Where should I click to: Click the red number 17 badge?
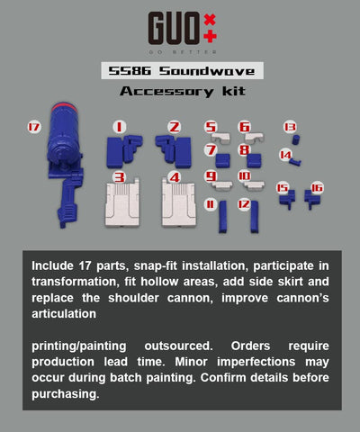coord(34,128)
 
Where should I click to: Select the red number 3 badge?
coord(119,178)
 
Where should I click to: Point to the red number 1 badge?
coord(119,127)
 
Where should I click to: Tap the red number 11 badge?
coord(210,205)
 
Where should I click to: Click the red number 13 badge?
coord(290,127)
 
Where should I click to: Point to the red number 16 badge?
coord(316,188)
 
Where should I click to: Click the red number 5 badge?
coord(211,128)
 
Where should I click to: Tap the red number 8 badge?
coord(244,149)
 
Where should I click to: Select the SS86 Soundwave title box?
coord(179,71)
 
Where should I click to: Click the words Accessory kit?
coord(179,92)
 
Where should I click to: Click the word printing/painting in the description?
coord(79,346)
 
